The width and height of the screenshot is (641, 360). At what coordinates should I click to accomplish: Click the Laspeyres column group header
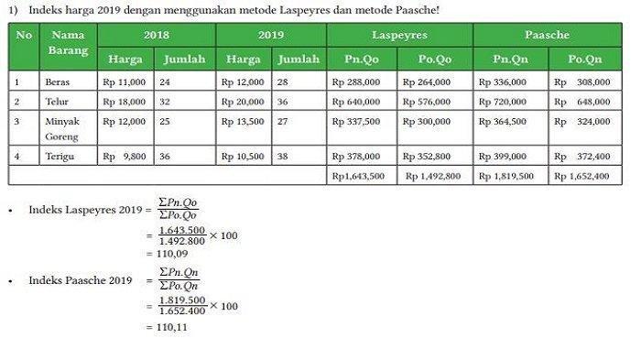tap(399, 35)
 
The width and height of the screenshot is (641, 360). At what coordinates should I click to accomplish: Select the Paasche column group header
tap(548, 35)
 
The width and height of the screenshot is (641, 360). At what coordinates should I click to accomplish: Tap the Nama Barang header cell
tap(69, 43)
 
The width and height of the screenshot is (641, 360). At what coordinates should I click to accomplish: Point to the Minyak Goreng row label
tap(63, 128)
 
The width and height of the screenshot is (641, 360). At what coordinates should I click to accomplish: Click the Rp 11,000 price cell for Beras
tap(125, 82)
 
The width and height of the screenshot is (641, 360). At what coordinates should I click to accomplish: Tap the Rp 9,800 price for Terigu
tap(125, 157)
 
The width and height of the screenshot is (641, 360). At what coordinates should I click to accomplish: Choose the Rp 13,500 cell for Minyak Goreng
tap(244, 121)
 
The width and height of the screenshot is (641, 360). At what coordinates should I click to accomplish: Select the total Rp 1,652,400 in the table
tap(581, 176)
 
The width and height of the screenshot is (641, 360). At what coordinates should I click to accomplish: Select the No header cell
tap(24, 35)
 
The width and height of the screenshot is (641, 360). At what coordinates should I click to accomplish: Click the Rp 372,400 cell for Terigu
tap(581, 157)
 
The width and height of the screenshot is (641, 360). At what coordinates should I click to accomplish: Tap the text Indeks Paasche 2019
tap(81, 280)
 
